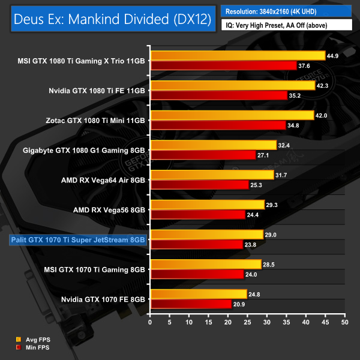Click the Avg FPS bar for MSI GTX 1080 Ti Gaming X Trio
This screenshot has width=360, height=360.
click(238, 56)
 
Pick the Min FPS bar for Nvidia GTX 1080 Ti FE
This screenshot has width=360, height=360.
click(219, 95)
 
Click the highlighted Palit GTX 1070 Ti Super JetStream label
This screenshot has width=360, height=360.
click(77, 240)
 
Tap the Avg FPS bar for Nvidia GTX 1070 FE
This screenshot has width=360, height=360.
click(199, 293)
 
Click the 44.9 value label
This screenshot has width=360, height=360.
click(334, 56)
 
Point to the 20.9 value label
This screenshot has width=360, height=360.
click(240, 304)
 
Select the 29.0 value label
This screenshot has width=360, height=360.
click(272, 234)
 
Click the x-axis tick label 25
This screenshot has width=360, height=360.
click(247, 322)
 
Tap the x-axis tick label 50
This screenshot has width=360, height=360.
click(344, 322)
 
